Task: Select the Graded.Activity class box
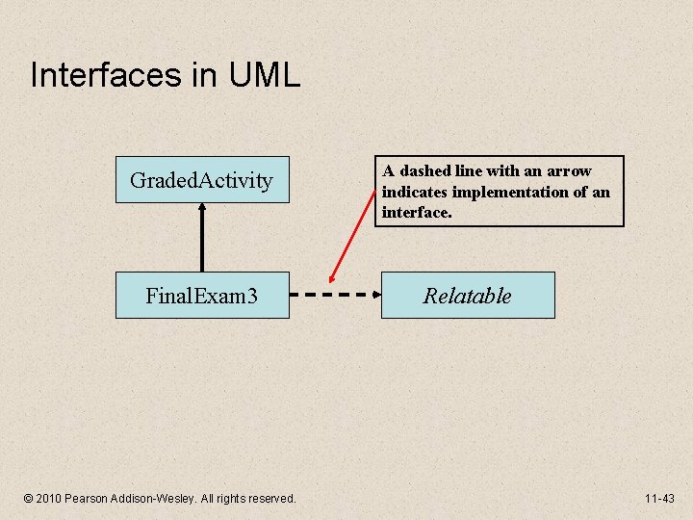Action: pos(202,180)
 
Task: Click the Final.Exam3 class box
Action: pos(202,296)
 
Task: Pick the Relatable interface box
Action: pos(468,296)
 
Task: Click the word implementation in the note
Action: pos(520,192)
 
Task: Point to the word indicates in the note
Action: pos(413,192)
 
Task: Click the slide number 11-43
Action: pos(660,498)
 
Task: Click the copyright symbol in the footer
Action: pos(28,498)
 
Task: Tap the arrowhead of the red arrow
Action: pos(330,282)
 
